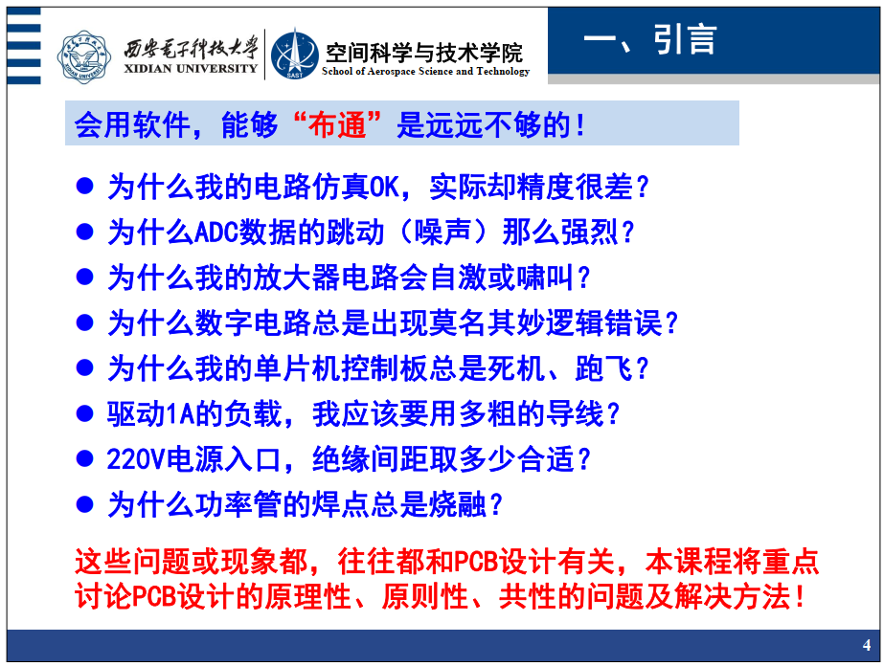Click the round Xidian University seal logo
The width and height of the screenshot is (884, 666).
coord(84,56)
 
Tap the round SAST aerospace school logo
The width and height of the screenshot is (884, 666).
coord(295,55)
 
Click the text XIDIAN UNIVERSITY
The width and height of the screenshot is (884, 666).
coord(191,69)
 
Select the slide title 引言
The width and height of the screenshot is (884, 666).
coord(685,39)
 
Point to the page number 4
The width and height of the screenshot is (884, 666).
coord(867,645)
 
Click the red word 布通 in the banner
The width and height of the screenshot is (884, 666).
coord(337,124)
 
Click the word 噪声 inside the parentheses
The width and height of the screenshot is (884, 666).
coord(442,233)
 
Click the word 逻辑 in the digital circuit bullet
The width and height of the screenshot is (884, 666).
coord(575,323)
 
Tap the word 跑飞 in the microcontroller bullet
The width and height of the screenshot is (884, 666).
coord(603,368)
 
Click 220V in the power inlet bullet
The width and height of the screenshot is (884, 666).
coord(136,459)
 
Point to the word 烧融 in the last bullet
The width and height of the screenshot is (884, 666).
coord(458,504)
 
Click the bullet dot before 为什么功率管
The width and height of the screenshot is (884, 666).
coord(84,503)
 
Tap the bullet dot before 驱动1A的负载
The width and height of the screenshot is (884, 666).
coord(84,413)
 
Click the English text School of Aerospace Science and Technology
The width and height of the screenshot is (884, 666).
coord(425,72)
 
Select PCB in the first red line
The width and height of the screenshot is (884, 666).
coord(476,562)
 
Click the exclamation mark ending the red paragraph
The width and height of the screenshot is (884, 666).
coord(800,597)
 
